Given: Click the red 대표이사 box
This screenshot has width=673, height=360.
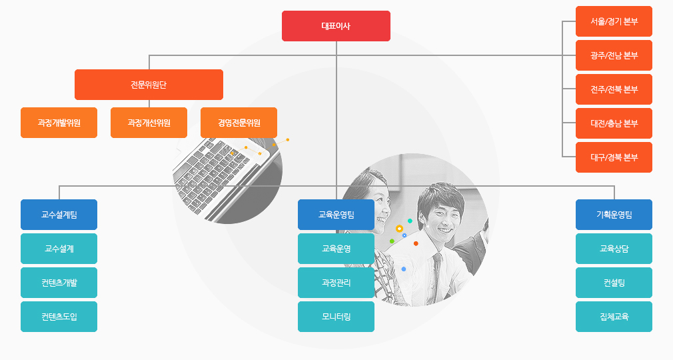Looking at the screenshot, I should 336,26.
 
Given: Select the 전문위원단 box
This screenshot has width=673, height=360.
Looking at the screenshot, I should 149,85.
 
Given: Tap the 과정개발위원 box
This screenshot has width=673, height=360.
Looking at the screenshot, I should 59,123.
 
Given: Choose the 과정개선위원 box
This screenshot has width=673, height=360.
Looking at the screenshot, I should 149,123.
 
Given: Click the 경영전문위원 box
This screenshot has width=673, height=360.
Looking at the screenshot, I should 239,123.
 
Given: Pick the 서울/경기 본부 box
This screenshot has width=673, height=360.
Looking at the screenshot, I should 614,21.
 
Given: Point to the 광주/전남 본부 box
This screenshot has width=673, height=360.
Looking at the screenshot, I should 614,55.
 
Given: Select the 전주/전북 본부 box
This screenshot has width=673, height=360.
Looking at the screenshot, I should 614,89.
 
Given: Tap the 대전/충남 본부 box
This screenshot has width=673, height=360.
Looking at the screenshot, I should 614,123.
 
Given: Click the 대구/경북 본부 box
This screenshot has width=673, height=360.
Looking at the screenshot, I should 614,157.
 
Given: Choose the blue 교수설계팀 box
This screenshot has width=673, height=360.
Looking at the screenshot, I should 59,215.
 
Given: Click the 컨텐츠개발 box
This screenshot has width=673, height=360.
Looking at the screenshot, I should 59,283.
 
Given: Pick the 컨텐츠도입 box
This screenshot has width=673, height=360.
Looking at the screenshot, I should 59,317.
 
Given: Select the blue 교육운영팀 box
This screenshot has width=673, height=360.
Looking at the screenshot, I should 336,215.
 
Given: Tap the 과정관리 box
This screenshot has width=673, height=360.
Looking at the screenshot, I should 336,283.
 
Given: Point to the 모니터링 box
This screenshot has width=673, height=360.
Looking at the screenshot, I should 336,317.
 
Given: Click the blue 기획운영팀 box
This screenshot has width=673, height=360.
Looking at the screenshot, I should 614,215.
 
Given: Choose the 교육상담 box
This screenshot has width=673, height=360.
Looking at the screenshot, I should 614,249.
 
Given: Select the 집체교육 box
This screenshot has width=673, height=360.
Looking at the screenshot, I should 614,317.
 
